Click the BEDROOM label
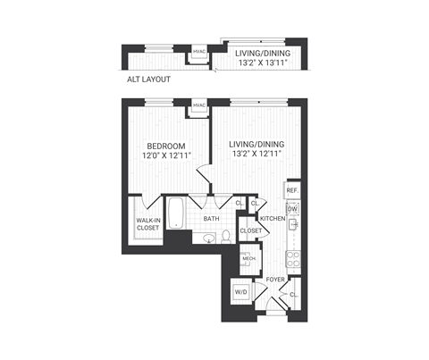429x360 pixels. tap(166, 146)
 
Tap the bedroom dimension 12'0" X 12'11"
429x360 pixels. tap(166, 155)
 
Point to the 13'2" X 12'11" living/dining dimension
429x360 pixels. tap(256, 154)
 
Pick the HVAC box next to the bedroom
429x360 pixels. tap(199, 106)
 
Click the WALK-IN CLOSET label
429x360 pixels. tap(147, 223)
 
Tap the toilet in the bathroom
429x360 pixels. tap(228, 236)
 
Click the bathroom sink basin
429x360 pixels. tap(207, 238)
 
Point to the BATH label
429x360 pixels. tap(211, 218)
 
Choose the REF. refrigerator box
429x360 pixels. tap(291, 191)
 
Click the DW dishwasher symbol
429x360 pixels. tap(291, 210)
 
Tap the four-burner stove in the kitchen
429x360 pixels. tap(291, 259)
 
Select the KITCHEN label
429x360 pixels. tap(272, 218)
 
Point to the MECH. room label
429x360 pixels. tap(248, 259)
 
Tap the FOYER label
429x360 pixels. tap(274, 280)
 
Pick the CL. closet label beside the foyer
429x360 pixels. tap(293, 294)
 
